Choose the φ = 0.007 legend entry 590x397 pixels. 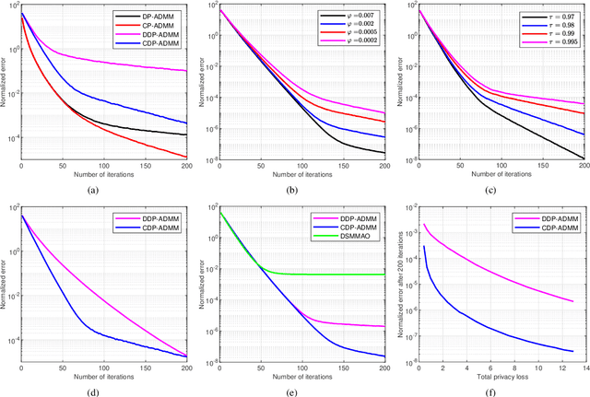(352, 17)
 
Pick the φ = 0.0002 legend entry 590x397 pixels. (352, 41)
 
